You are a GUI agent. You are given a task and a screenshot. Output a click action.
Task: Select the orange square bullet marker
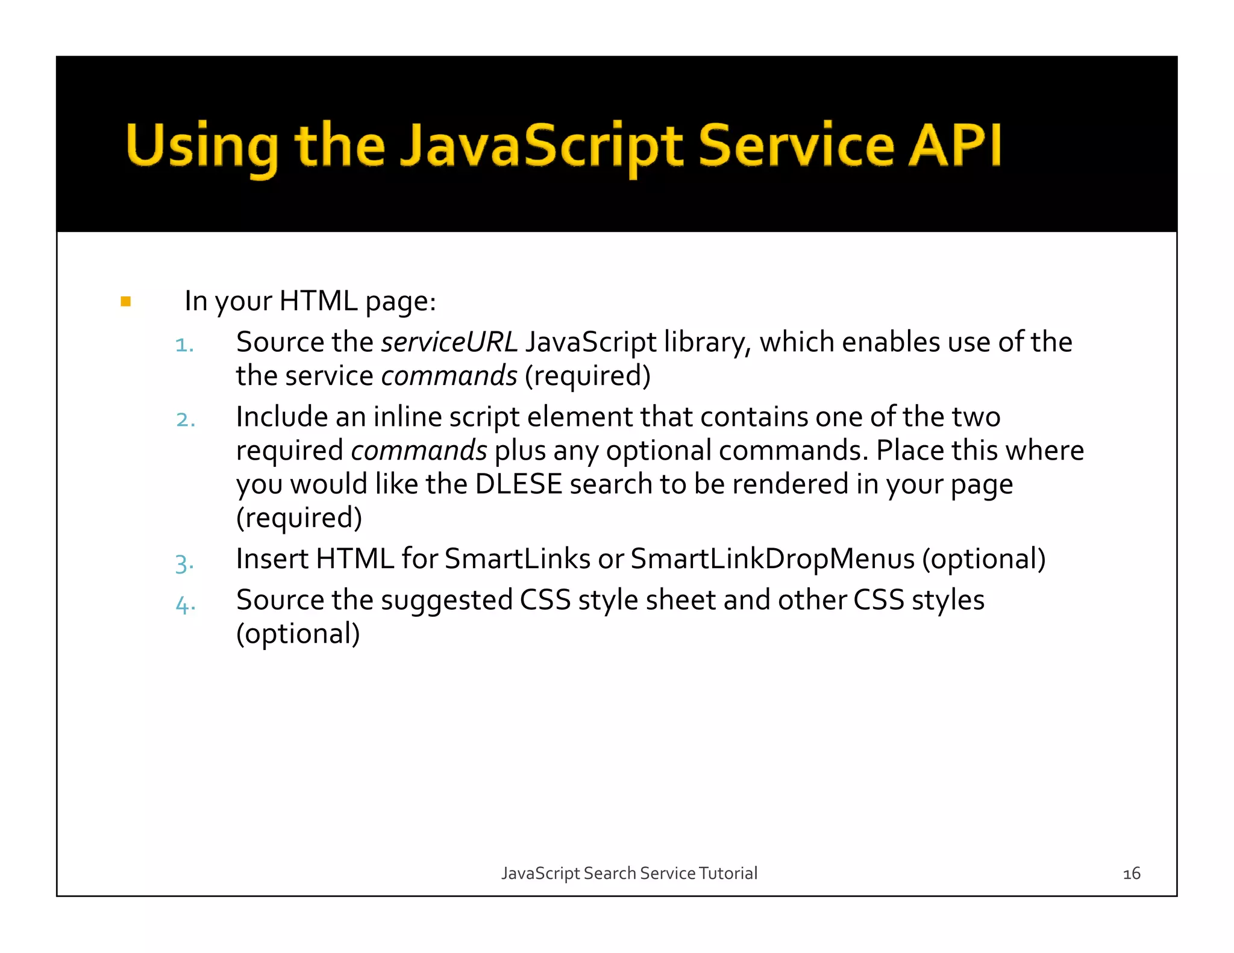tap(126, 301)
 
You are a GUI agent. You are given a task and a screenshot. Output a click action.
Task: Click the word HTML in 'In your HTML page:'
tap(318, 301)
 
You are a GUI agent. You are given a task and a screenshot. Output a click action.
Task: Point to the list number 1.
tap(184, 345)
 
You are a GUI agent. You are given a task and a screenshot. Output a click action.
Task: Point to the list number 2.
tap(185, 420)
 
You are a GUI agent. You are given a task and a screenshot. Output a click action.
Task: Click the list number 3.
tap(184, 563)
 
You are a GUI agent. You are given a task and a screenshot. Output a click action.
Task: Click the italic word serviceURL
tap(449, 342)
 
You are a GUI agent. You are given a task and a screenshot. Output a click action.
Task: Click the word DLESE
tap(518, 484)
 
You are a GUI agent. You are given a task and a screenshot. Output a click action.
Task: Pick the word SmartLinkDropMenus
tap(772, 559)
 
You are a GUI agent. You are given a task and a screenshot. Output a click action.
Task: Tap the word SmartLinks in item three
tap(517, 559)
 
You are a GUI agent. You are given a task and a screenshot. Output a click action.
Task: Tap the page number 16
tap(1131, 873)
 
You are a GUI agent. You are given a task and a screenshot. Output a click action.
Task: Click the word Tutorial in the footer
tap(728, 873)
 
